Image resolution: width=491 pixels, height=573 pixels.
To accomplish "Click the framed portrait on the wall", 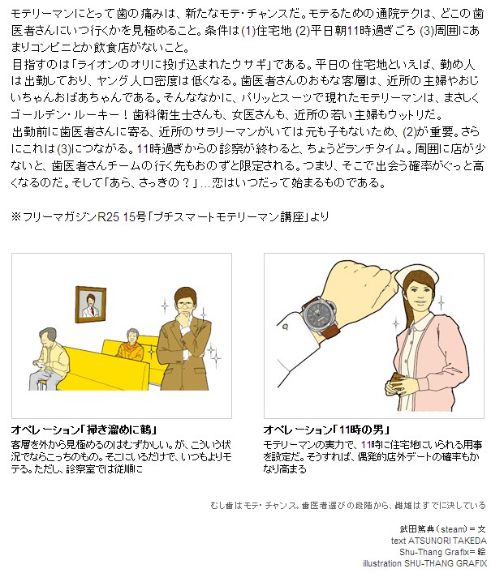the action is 90,305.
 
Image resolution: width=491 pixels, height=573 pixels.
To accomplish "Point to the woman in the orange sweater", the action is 130,345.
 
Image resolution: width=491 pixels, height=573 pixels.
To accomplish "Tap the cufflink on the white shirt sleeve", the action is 285,327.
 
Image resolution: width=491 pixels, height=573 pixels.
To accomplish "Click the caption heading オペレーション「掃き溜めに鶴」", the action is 84,430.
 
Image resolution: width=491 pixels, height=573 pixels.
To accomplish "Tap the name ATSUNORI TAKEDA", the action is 447,541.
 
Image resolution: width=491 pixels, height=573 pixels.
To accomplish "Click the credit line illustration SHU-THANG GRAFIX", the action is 424,563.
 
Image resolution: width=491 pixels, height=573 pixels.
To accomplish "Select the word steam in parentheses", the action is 454,528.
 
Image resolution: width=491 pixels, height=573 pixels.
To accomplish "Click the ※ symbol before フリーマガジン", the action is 16,216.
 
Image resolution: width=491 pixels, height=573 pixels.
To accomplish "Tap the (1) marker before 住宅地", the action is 249,32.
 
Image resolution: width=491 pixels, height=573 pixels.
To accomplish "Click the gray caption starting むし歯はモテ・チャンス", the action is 348,506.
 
